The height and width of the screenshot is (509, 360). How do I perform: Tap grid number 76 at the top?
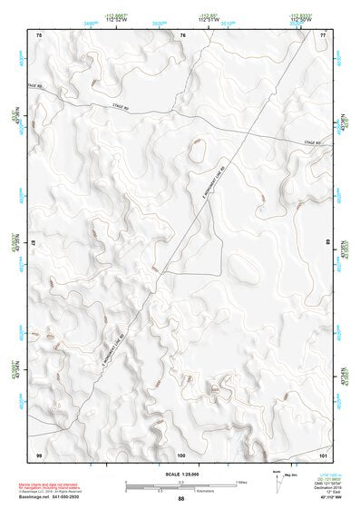pos(182,34)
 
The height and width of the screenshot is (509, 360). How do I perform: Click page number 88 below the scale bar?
pos(181,499)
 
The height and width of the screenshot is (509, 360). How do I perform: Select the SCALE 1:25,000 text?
pos(180,475)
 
